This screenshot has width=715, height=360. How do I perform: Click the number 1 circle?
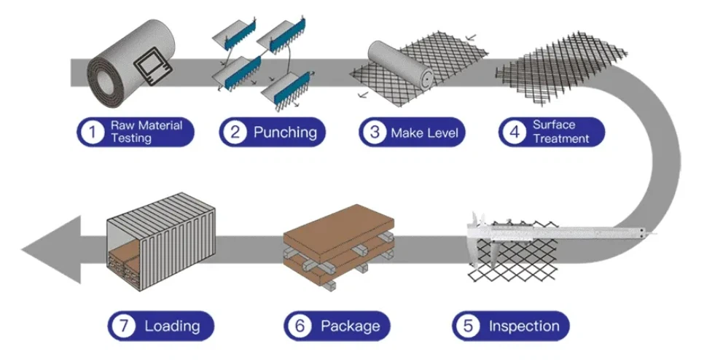pyautogui.click(x=92, y=133)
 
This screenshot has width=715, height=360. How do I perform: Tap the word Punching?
pyautogui.click(x=285, y=133)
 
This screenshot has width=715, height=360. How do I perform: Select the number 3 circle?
pyautogui.click(x=375, y=133)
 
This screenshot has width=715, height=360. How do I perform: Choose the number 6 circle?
pyautogui.click(x=299, y=326)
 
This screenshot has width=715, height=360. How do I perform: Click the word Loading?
pyautogui.click(x=172, y=326)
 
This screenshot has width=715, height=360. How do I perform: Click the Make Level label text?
pyautogui.click(x=423, y=133)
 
